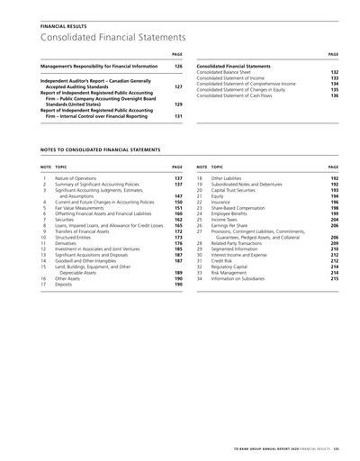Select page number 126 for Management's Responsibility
tap(178, 67)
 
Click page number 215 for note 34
tap(332, 278)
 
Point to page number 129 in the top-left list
tap(178, 103)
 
